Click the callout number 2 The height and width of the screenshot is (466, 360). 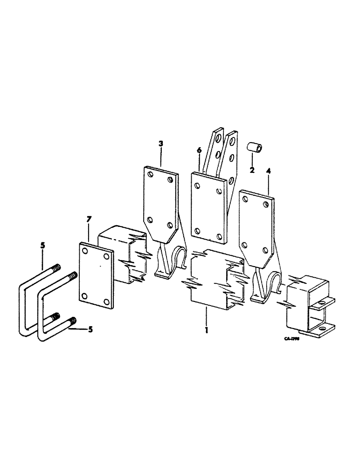click(x=252, y=171)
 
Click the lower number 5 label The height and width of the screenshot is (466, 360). click(x=90, y=329)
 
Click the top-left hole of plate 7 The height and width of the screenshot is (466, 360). click(x=85, y=251)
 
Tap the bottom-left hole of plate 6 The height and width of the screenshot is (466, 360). click(x=198, y=231)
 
